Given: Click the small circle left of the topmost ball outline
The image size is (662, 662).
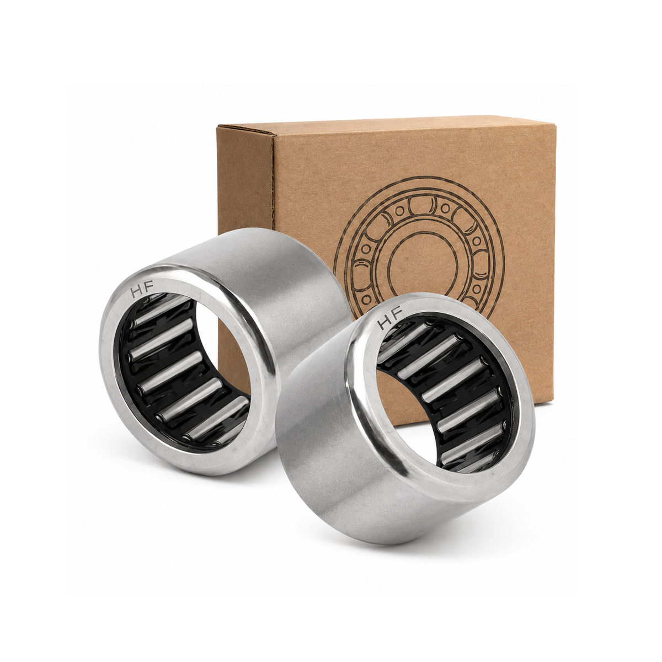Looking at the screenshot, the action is click(x=399, y=211).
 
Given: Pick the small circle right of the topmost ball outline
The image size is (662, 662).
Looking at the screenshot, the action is click(x=446, y=208).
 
